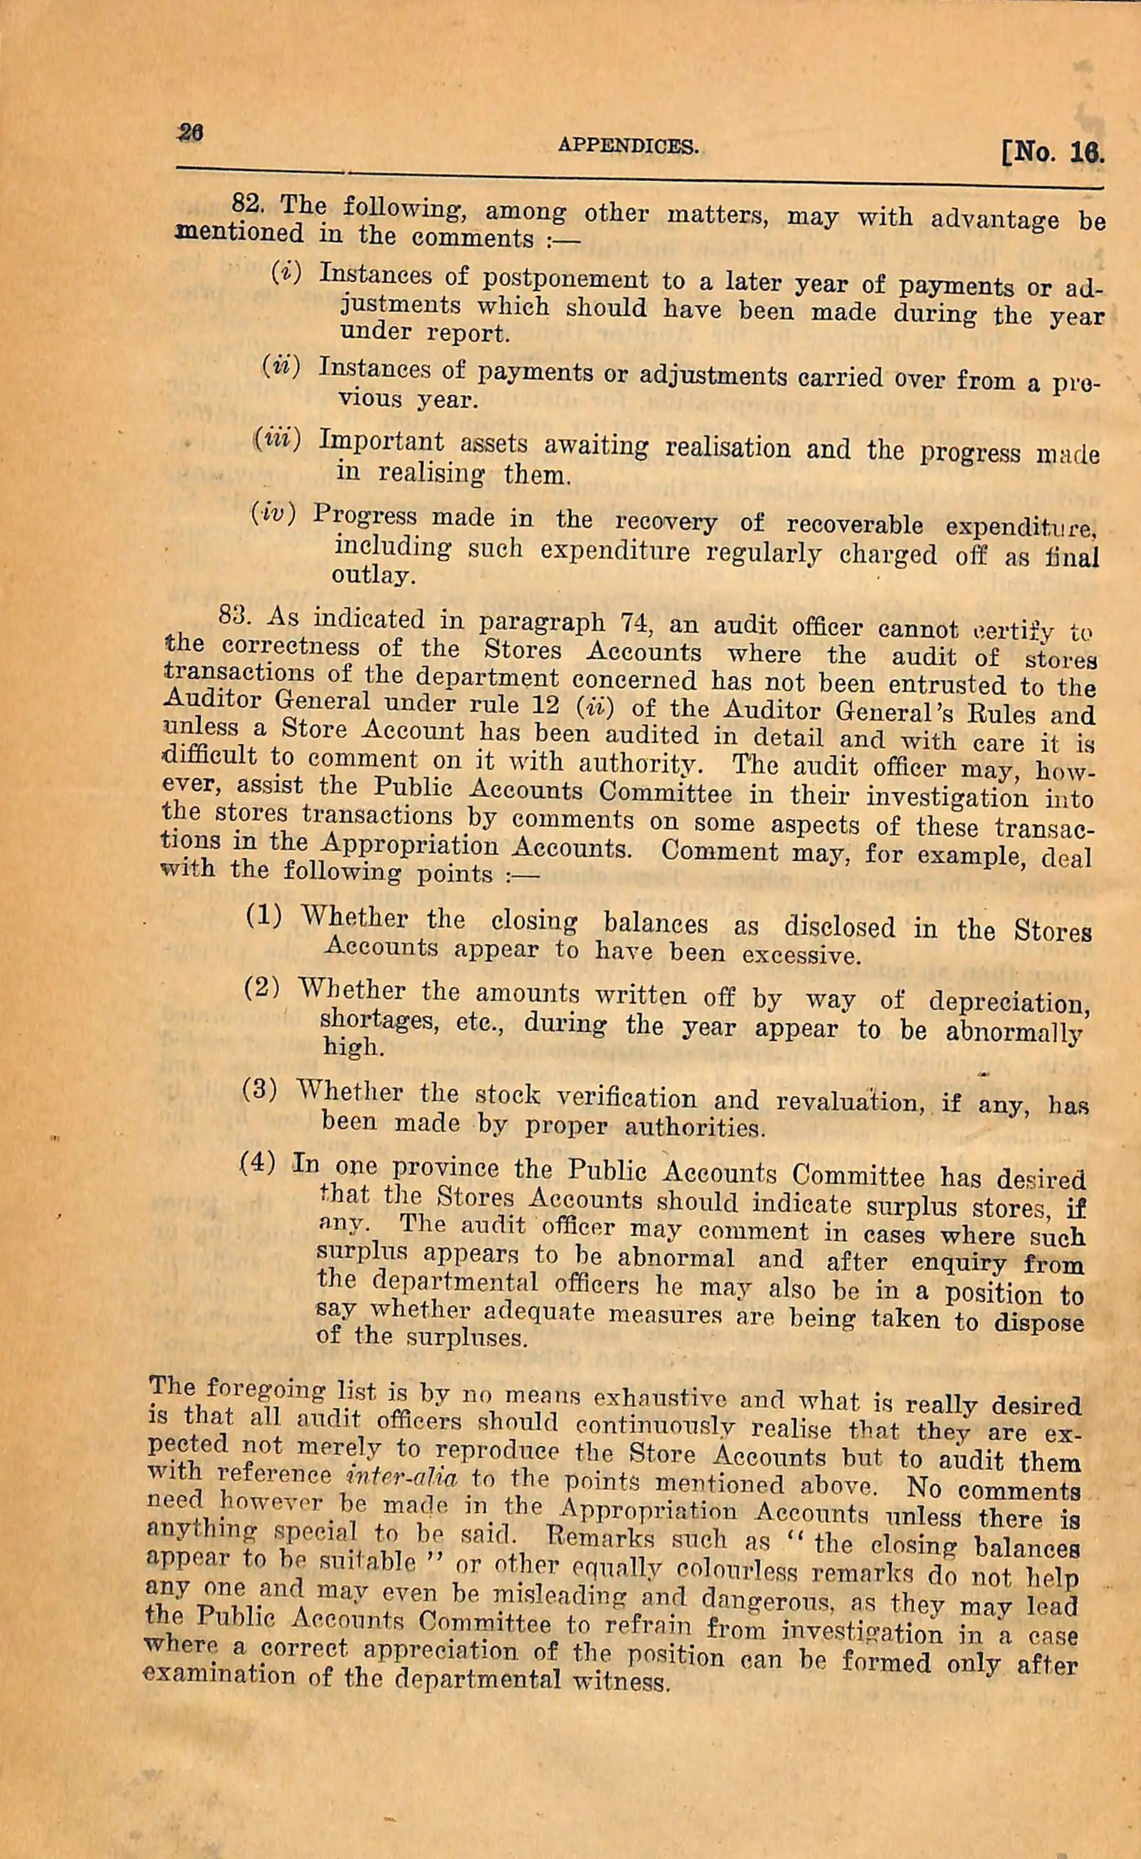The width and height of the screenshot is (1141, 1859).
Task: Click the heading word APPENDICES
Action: pos(628,146)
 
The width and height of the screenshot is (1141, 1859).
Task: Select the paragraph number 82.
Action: pos(247,202)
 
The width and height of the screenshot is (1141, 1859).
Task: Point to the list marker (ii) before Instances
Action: pos(281,366)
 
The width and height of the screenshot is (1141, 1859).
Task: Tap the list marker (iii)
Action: pos(277,438)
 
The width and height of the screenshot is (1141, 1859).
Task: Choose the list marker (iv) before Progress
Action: pos(272,514)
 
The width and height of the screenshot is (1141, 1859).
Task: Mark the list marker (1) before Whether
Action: pos(265,916)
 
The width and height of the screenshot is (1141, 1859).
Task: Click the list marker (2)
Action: pos(262,989)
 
